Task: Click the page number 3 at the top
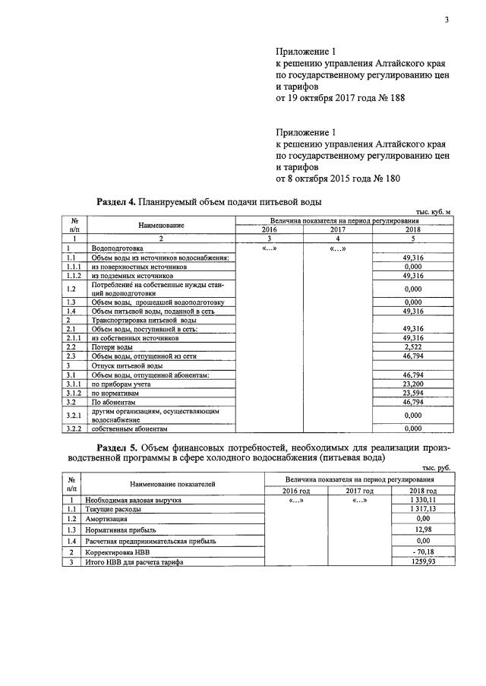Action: pyautogui.click(x=447, y=20)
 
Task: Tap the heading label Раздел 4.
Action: pyautogui.click(x=116, y=202)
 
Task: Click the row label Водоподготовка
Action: pyautogui.click(x=117, y=248)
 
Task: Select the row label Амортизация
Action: pyautogui.click(x=108, y=519)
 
